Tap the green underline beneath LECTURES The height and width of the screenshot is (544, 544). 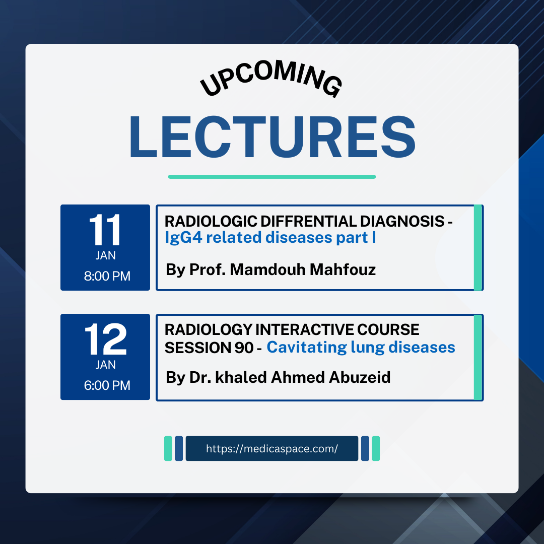click(x=272, y=177)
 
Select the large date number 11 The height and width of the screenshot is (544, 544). click(x=105, y=231)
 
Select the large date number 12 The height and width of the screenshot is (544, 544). click(x=105, y=340)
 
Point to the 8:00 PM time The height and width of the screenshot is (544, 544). click(x=107, y=276)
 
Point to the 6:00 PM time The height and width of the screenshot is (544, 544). click(x=107, y=385)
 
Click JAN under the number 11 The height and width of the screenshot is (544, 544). click(x=105, y=256)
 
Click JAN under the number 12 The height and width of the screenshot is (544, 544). click(x=105, y=365)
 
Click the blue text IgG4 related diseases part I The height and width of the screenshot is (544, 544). click(x=270, y=237)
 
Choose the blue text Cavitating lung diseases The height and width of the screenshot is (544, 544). click(x=361, y=347)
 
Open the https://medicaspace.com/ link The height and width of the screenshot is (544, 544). click(x=272, y=449)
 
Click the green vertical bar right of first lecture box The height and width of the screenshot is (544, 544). click(x=478, y=248)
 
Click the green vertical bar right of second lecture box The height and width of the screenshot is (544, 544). click(x=478, y=357)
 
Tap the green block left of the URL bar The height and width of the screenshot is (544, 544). click(x=168, y=449)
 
